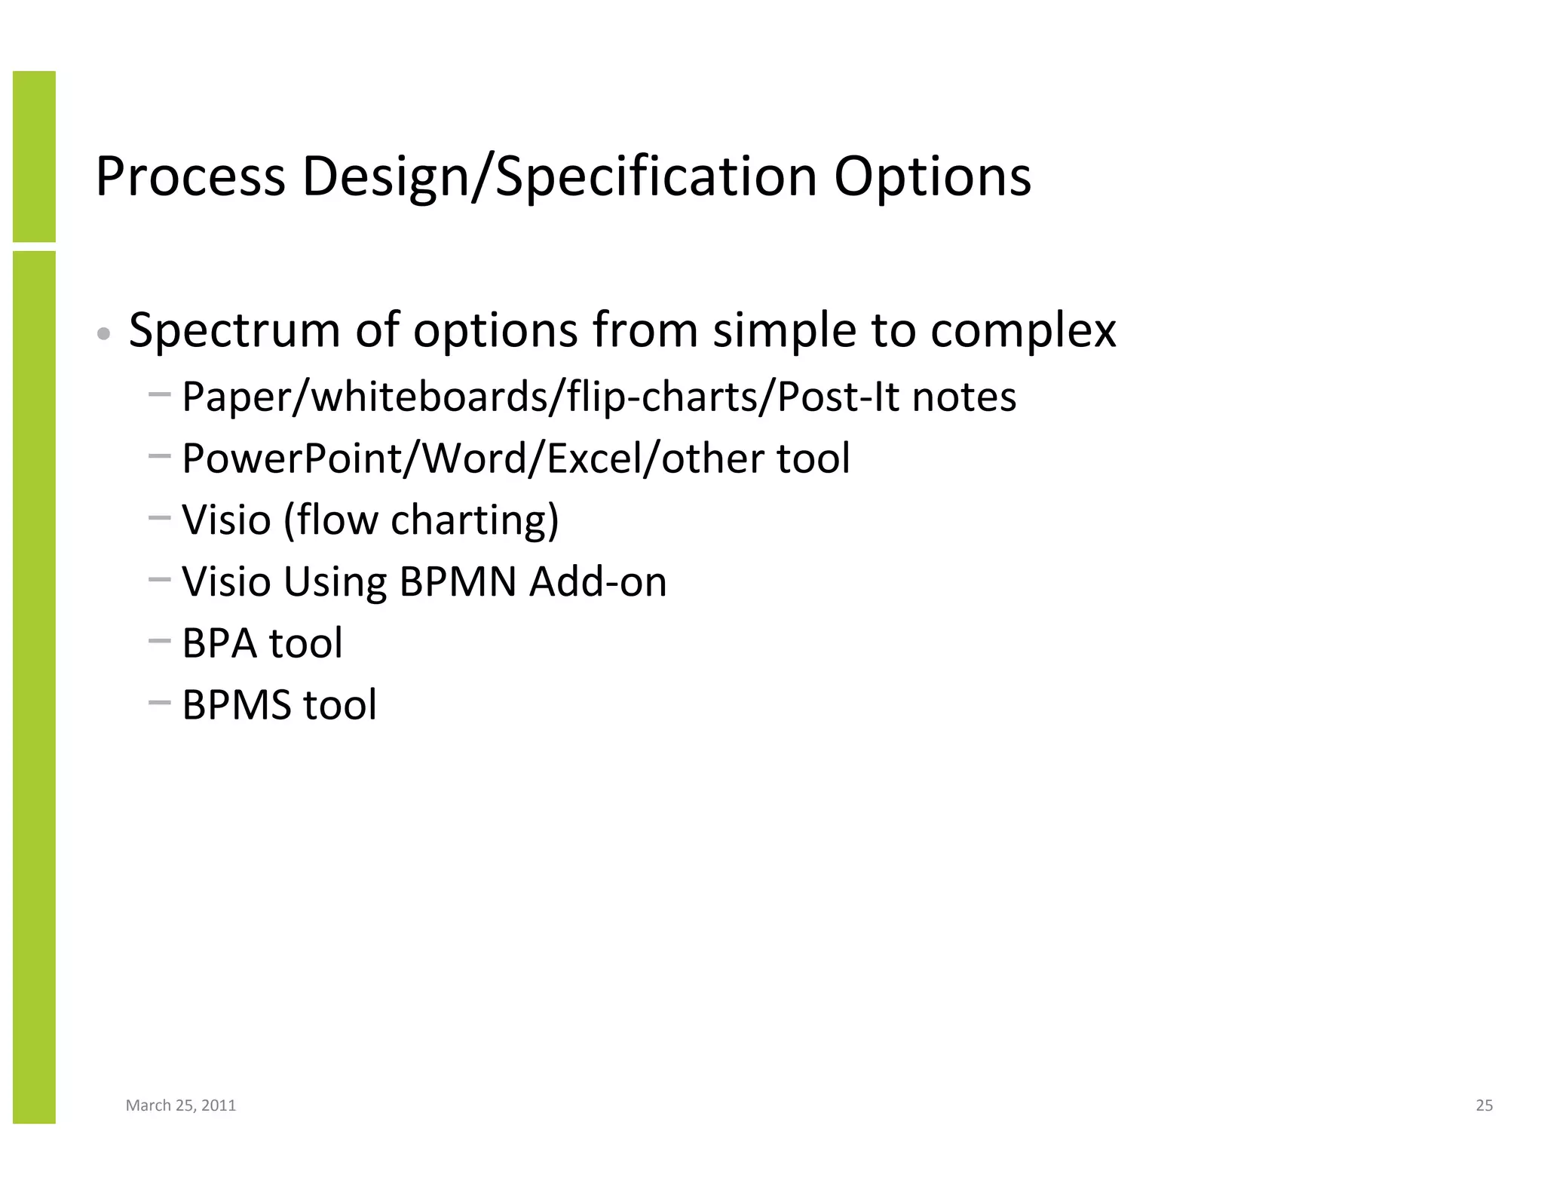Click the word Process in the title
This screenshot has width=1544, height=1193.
pyautogui.click(x=190, y=177)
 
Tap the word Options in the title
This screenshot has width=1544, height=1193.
pyautogui.click(x=932, y=177)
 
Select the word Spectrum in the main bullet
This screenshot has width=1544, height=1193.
pyautogui.click(x=234, y=330)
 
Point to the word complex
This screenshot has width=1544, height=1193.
pyautogui.click(x=1023, y=330)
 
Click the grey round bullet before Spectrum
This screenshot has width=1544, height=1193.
pyautogui.click(x=105, y=333)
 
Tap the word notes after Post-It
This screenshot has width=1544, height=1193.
pyautogui.click(x=963, y=397)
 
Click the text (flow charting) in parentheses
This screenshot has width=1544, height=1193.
pyautogui.click(x=421, y=520)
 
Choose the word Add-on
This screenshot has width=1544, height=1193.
pyautogui.click(x=598, y=582)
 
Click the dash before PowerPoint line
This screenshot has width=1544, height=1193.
pyautogui.click(x=160, y=456)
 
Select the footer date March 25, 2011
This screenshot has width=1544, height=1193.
pyautogui.click(x=181, y=1106)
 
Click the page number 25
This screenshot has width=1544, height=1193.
pyautogui.click(x=1484, y=1106)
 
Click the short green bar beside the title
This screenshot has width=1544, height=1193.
pyautogui.click(x=34, y=156)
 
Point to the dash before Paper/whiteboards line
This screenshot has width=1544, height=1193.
pyautogui.click(x=160, y=394)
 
